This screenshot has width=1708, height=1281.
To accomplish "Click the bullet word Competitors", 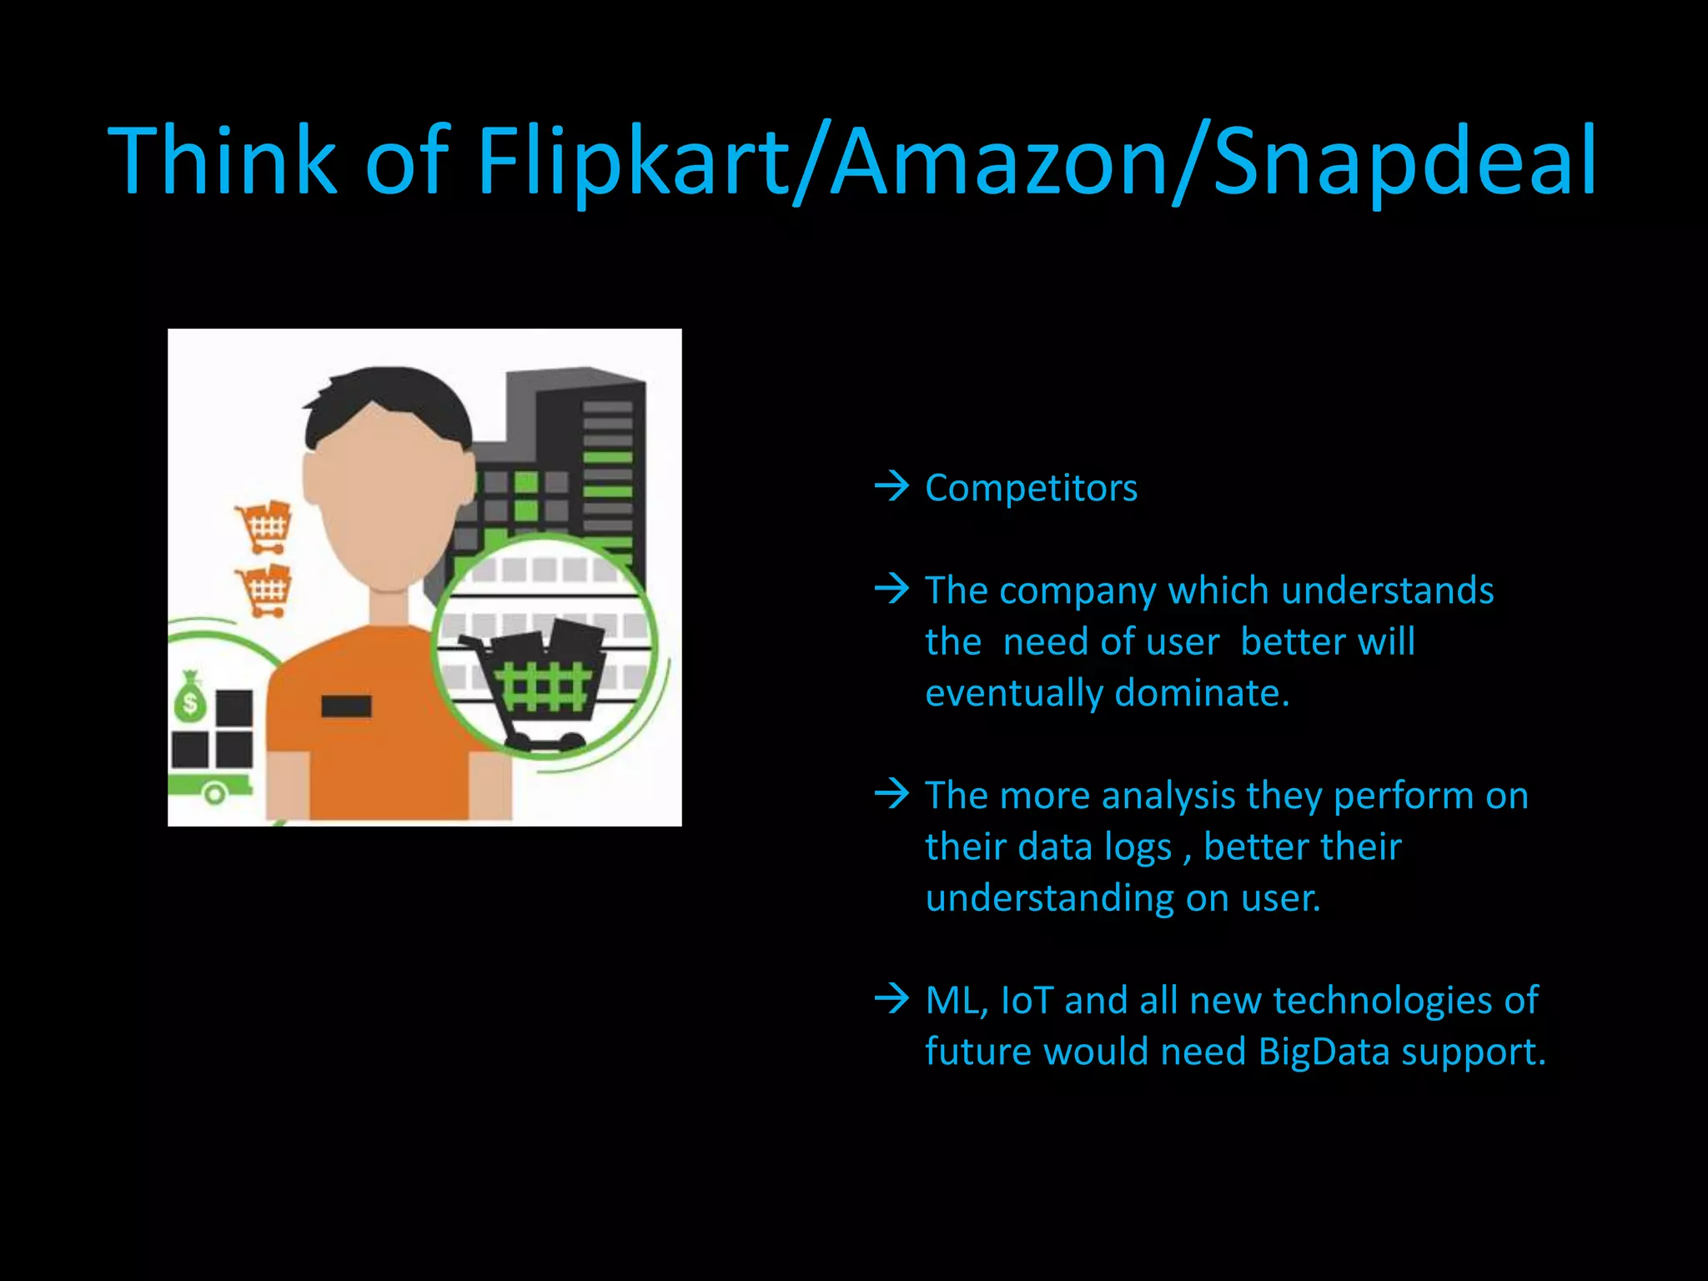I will point(1031,488).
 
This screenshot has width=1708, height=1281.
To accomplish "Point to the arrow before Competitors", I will point(892,485).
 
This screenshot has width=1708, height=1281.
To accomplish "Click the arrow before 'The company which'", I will point(892,589).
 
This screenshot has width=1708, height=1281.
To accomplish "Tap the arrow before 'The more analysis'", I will point(892,793).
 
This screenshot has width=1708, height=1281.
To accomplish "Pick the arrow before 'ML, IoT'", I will point(892,997).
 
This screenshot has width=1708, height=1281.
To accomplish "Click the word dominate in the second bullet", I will point(1201,693).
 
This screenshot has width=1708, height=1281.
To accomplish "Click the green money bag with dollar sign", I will point(191,699).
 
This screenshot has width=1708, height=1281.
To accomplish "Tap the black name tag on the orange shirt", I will point(346,706).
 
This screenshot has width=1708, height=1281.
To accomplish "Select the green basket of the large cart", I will point(546,686).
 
